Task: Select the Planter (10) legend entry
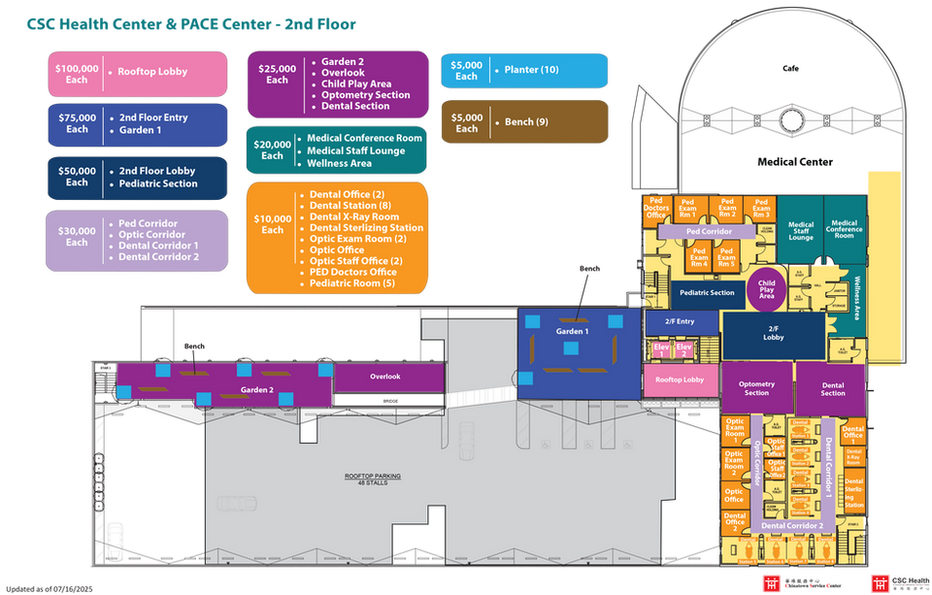[531, 70]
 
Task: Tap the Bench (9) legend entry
[526, 122]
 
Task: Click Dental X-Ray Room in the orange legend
[354, 216]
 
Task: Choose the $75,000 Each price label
[77, 123]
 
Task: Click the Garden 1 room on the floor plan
[572, 333]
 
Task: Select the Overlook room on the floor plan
[384, 377]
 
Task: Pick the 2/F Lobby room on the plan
[774, 334]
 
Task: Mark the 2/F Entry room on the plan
[679, 321]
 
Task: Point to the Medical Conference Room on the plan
[844, 229]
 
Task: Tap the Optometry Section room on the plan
[756, 388]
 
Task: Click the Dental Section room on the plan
[832, 388]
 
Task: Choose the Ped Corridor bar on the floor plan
[707, 233]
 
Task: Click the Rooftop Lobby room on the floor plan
[680, 380]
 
